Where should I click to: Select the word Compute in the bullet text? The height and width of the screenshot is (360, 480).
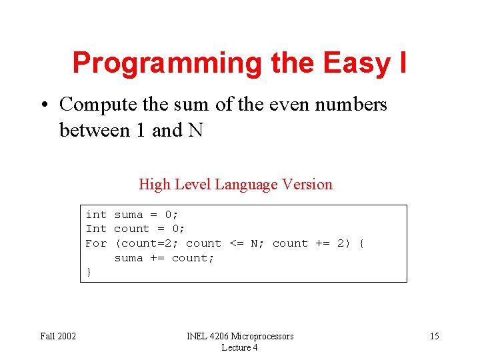click(x=93, y=105)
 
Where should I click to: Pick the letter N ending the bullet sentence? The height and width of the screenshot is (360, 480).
click(x=195, y=130)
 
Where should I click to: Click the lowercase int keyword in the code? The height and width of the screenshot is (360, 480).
click(x=96, y=215)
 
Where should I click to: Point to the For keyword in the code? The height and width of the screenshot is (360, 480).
click(x=96, y=243)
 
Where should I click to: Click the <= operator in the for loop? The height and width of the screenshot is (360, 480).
click(x=237, y=243)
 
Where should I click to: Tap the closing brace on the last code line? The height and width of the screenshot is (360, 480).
click(x=89, y=272)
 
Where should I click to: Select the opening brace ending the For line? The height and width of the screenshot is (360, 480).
click(x=361, y=243)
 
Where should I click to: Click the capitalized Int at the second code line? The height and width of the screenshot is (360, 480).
click(x=96, y=229)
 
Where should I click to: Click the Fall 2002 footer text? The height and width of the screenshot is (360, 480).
click(x=58, y=336)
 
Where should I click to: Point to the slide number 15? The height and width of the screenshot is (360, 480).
click(x=434, y=336)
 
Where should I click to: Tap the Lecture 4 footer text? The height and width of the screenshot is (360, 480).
click(x=239, y=347)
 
